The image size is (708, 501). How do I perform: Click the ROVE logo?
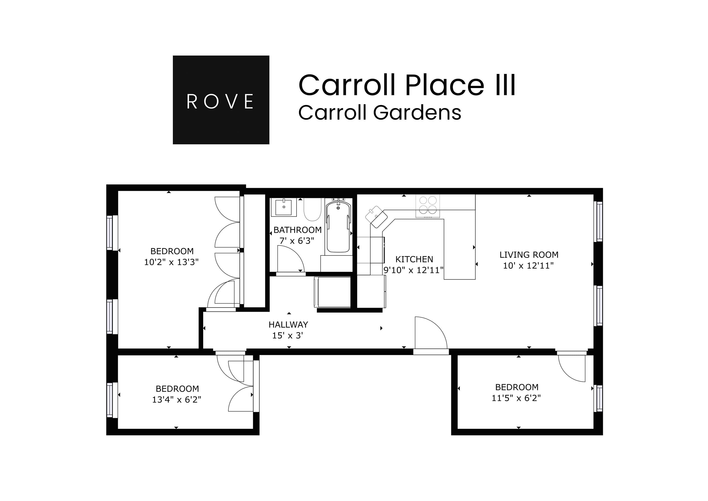click(221, 100)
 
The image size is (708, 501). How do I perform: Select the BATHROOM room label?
click(297, 230)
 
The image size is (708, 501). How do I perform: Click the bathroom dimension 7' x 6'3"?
click(297, 241)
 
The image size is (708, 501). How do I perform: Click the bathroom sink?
click(283, 207)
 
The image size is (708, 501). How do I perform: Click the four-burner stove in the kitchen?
click(428, 205)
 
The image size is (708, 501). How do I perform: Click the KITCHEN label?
click(414, 259)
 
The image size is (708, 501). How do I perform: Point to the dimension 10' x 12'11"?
click(528, 266)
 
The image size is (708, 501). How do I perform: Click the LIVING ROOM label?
click(529, 255)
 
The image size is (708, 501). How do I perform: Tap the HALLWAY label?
click(288, 325)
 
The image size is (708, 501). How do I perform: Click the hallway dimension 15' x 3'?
click(288, 335)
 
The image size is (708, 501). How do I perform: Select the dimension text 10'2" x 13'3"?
click(171, 262)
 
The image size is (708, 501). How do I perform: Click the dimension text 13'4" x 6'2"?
click(176, 399)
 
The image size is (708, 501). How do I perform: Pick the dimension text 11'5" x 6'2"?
click(516, 398)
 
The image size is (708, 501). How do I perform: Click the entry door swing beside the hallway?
click(430, 333)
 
